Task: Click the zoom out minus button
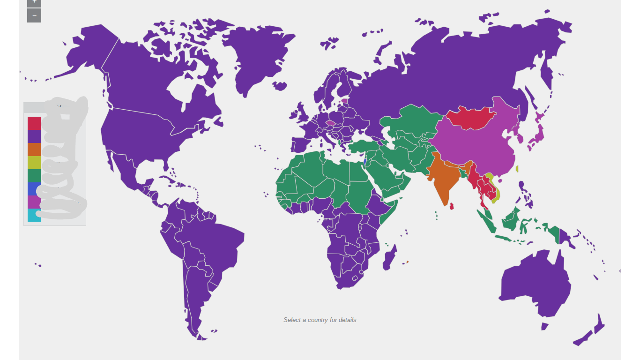(34, 15)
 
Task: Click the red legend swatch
(34, 123)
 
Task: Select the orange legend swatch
(34, 150)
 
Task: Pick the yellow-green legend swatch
(34, 163)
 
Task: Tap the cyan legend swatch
(34, 215)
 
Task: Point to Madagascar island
(390, 258)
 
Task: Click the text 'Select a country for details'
(320, 320)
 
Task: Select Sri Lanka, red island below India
(452, 206)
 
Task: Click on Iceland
(279, 86)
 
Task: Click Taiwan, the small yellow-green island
(517, 169)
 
